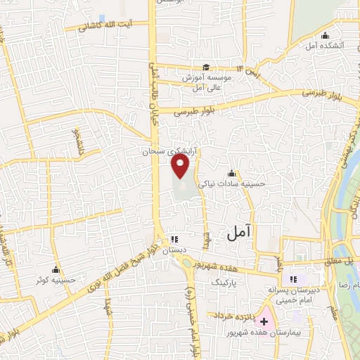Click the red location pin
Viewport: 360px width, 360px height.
point(181,167)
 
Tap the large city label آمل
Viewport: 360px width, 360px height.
point(240,234)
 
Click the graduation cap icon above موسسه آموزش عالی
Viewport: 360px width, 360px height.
point(205,67)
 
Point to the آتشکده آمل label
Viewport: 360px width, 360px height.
point(323,46)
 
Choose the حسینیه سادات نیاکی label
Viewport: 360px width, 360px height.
point(232,183)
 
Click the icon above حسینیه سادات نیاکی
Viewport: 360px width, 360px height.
point(231,173)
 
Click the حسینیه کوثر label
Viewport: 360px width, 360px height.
point(57,280)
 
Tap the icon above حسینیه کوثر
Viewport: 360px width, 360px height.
point(56,269)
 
